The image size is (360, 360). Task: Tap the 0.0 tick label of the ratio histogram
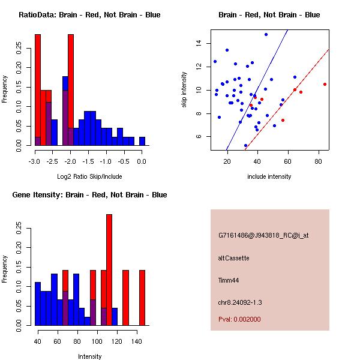(142, 161)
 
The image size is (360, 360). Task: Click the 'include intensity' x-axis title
(269, 176)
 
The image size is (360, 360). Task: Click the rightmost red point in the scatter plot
(325, 85)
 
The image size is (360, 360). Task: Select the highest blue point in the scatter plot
(266, 35)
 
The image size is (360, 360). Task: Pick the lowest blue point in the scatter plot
(245, 145)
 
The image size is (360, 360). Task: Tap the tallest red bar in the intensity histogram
(109, 270)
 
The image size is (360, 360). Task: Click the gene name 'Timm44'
(229, 280)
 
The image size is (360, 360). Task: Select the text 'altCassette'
(234, 258)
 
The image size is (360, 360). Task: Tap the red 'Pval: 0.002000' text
(239, 319)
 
